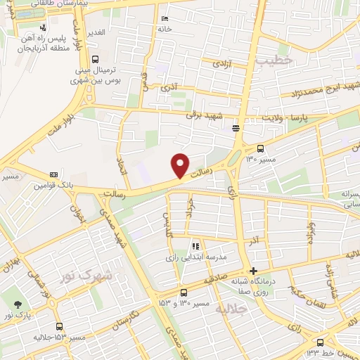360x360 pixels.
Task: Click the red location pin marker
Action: (x=180, y=165)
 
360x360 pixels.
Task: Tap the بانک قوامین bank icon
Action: (x=53, y=175)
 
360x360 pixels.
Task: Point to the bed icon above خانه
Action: (x=165, y=18)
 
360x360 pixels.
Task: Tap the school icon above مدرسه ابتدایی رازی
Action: (x=196, y=247)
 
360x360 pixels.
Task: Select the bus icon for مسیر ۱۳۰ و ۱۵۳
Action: (x=184, y=292)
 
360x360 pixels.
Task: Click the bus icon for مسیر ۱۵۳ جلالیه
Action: (x=59, y=326)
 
